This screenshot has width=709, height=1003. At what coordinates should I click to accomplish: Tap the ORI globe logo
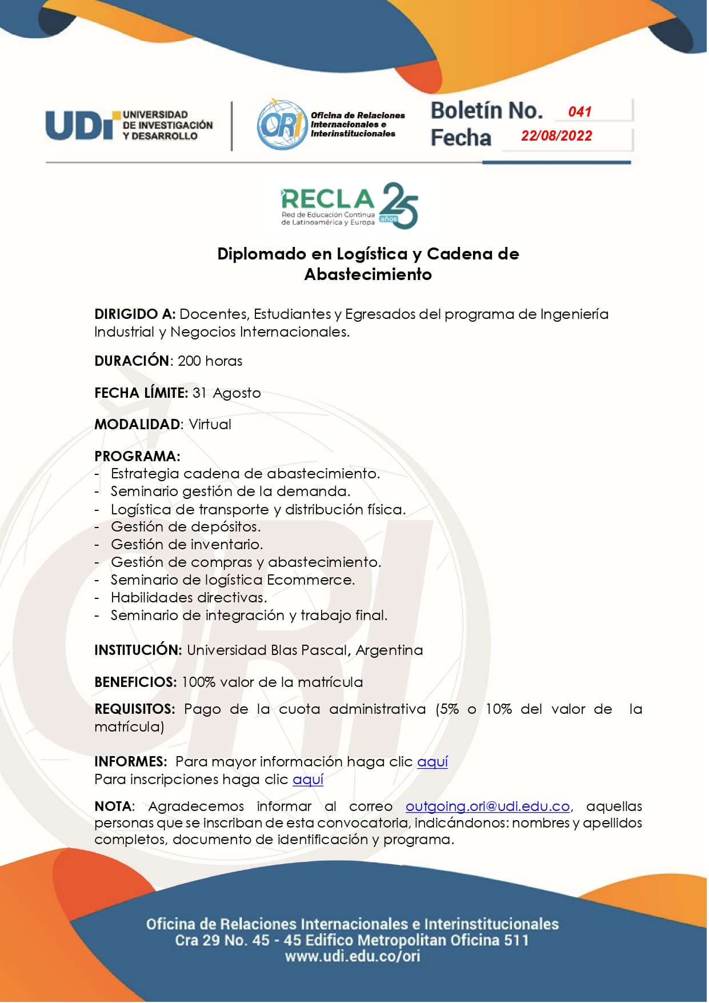point(281,125)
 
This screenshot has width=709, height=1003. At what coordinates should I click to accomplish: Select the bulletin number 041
point(579,111)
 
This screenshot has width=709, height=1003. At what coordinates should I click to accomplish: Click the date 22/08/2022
point(556,136)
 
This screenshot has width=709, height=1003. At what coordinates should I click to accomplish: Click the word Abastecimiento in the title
point(368,274)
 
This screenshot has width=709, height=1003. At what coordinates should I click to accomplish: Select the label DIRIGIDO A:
point(135,314)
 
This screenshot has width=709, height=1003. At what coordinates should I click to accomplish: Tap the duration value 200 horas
point(210,361)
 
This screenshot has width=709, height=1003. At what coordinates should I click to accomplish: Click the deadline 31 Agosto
point(226,393)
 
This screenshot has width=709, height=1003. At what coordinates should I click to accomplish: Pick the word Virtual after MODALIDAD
point(210,425)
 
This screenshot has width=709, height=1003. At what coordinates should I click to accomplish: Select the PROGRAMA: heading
point(137,456)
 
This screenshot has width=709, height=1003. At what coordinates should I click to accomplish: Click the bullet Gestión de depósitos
point(185,526)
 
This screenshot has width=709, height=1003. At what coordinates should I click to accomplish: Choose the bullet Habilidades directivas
point(189,598)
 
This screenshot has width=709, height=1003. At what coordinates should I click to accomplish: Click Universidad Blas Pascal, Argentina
point(305,650)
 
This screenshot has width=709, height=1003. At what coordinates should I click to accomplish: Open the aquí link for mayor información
point(432,762)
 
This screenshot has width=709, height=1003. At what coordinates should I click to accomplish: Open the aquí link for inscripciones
point(308,780)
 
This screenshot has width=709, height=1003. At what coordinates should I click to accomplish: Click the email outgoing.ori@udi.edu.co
point(487,806)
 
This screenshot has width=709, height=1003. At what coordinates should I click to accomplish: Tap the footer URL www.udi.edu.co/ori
point(353,956)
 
